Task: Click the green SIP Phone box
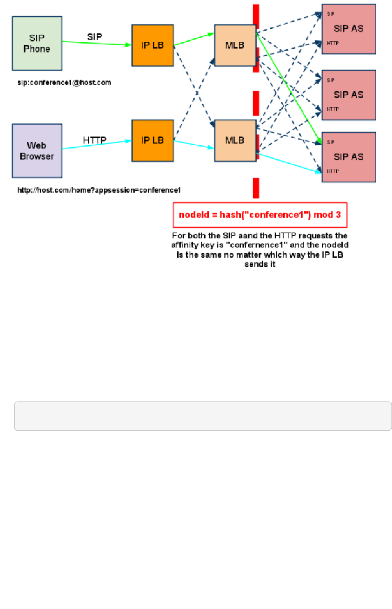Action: (37, 44)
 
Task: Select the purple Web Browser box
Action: (37, 151)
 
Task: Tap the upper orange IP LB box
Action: (153, 45)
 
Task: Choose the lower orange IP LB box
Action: (153, 140)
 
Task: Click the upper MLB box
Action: (235, 45)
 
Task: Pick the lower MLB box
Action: (235, 140)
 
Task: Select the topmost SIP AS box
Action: (349, 29)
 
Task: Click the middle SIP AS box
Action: (349, 95)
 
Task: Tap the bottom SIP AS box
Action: (349, 157)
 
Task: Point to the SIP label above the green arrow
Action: (95, 37)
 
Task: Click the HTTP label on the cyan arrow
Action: (95, 140)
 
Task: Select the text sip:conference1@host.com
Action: (64, 83)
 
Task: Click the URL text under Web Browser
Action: (99, 190)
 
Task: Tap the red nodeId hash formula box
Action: (260, 215)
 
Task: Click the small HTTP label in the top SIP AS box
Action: (333, 43)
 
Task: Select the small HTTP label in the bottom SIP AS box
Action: (333, 171)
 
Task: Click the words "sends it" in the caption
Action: (260, 264)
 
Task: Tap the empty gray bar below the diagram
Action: (203, 416)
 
